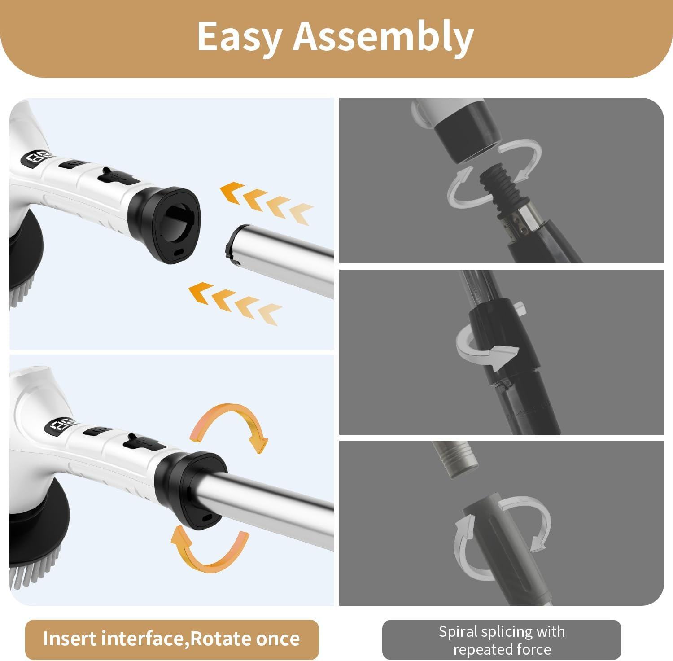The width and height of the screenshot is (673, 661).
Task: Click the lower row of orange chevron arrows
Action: [235, 302]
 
